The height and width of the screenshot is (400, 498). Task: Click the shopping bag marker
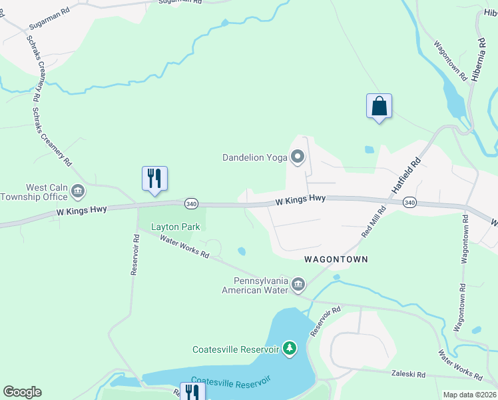pos(379,106)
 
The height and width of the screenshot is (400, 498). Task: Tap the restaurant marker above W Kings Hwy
pos(154,179)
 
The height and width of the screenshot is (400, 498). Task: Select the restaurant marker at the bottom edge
pos(192,392)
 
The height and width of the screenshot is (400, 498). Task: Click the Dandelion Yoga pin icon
pos(298,157)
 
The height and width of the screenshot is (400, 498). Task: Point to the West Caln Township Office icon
pos(78,192)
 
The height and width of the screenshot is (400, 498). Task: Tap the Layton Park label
pos(176,227)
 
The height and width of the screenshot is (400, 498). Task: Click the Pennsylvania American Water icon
pos(298,285)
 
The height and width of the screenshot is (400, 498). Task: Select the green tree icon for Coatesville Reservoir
pos(289,349)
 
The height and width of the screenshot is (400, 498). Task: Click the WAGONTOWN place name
pos(336,258)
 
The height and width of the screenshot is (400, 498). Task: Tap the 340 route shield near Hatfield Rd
pos(409,202)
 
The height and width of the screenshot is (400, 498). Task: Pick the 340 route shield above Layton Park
pos(191,203)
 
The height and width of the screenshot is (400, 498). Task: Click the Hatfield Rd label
pos(407,175)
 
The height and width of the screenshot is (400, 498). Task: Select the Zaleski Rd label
pos(408,375)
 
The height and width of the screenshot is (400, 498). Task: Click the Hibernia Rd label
pos(479,61)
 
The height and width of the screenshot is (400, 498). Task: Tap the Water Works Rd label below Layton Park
pos(185,248)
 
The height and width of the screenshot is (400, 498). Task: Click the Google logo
pos(22,392)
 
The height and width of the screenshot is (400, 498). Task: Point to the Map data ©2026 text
pos(469,395)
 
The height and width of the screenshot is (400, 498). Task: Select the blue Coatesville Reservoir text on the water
pos(231,385)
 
